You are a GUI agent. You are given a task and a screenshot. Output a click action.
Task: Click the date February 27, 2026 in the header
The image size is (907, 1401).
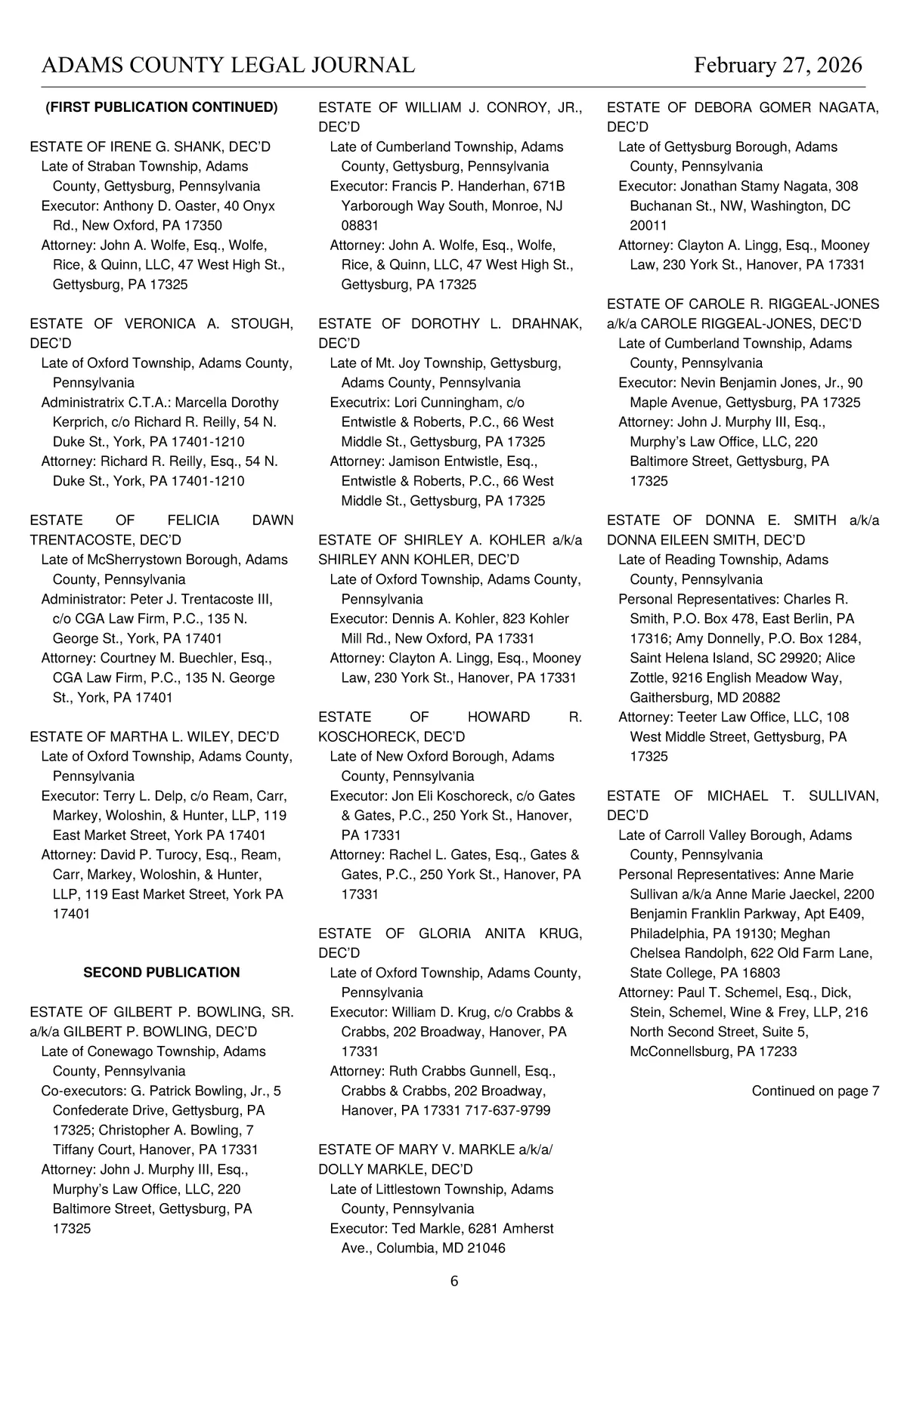tap(778, 66)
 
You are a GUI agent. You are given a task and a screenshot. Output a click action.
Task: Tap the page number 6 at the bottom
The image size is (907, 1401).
tap(454, 1281)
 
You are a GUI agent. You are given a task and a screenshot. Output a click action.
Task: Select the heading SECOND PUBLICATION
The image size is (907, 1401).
tap(161, 973)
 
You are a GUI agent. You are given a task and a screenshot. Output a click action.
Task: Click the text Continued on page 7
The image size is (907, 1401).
tap(815, 1091)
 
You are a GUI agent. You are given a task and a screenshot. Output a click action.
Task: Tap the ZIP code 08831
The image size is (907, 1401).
tap(360, 225)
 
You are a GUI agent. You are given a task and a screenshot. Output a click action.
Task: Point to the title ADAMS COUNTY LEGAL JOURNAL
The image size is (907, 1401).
tap(228, 66)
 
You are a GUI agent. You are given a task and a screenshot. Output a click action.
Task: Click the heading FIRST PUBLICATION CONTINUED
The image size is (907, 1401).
tap(162, 107)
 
